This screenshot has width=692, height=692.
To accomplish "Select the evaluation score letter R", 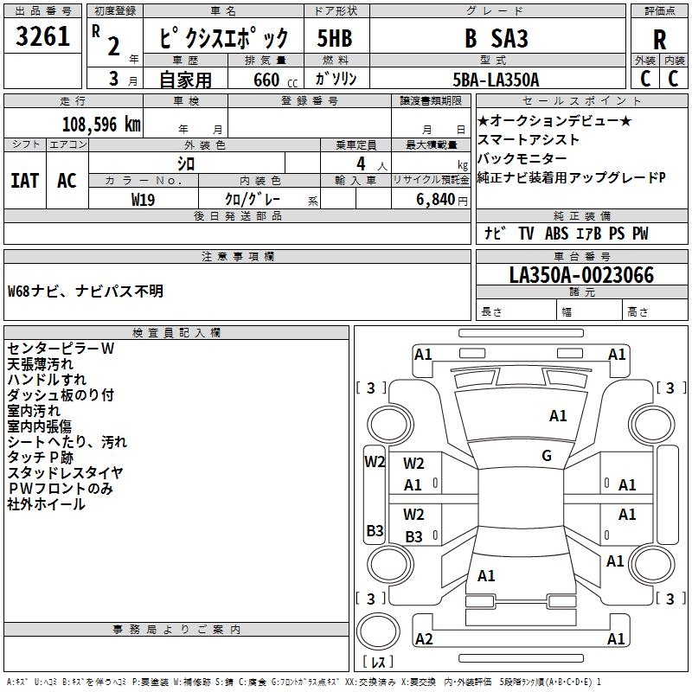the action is coord(659,41).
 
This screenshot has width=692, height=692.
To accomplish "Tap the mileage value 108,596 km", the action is coord(101,124).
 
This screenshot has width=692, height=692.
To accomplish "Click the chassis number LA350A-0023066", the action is coord(581,275).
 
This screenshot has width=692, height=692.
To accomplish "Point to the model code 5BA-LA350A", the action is coord(496,80).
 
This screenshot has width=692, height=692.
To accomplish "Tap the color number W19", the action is coord(144,199).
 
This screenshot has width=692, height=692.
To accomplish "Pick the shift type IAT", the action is coord(24,180).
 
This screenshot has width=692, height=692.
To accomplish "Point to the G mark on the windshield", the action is coord(547,456).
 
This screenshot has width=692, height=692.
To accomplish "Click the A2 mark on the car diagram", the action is coord(424,639).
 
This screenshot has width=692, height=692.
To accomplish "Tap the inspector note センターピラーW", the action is coord(61,349).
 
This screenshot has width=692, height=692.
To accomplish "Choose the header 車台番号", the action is coord(581,257).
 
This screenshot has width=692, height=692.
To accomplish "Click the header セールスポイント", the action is coord(581,101).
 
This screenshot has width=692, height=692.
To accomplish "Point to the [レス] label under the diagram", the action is coord(377,663).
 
